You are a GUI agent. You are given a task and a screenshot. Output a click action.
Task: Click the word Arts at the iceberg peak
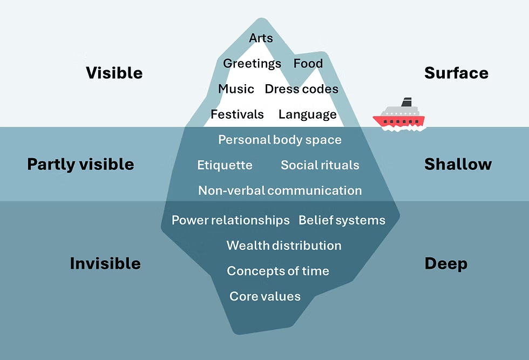(x=261, y=38)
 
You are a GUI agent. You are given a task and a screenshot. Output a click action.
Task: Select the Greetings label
(x=252, y=64)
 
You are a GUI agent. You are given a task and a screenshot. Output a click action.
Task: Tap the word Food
(x=308, y=64)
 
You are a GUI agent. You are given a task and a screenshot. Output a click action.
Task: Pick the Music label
(x=236, y=89)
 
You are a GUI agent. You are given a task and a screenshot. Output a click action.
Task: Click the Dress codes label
(x=301, y=89)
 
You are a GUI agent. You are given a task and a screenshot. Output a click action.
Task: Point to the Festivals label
(x=237, y=114)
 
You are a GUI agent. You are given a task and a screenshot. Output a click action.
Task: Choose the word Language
(x=307, y=114)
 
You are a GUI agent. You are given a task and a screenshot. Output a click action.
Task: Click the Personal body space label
(x=280, y=140)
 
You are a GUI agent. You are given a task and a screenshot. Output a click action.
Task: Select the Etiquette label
(x=225, y=165)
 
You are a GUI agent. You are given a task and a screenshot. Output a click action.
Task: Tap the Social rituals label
(x=320, y=165)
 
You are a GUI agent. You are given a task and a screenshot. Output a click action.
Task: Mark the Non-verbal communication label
(x=280, y=191)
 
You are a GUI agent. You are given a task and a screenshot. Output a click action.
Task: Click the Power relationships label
(x=230, y=220)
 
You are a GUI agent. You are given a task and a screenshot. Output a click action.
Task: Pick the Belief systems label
(x=342, y=220)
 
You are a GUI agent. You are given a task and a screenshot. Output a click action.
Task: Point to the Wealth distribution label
(x=284, y=246)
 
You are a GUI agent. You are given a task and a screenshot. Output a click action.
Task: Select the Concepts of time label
(x=278, y=271)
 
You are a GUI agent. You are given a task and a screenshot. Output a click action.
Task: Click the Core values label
(x=265, y=296)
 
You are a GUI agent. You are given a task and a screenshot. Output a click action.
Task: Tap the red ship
(x=399, y=119)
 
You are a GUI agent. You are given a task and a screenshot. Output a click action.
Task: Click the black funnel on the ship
(x=406, y=102)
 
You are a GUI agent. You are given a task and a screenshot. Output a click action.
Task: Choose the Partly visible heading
(x=80, y=164)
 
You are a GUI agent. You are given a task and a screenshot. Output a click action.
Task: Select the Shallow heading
(x=458, y=164)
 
